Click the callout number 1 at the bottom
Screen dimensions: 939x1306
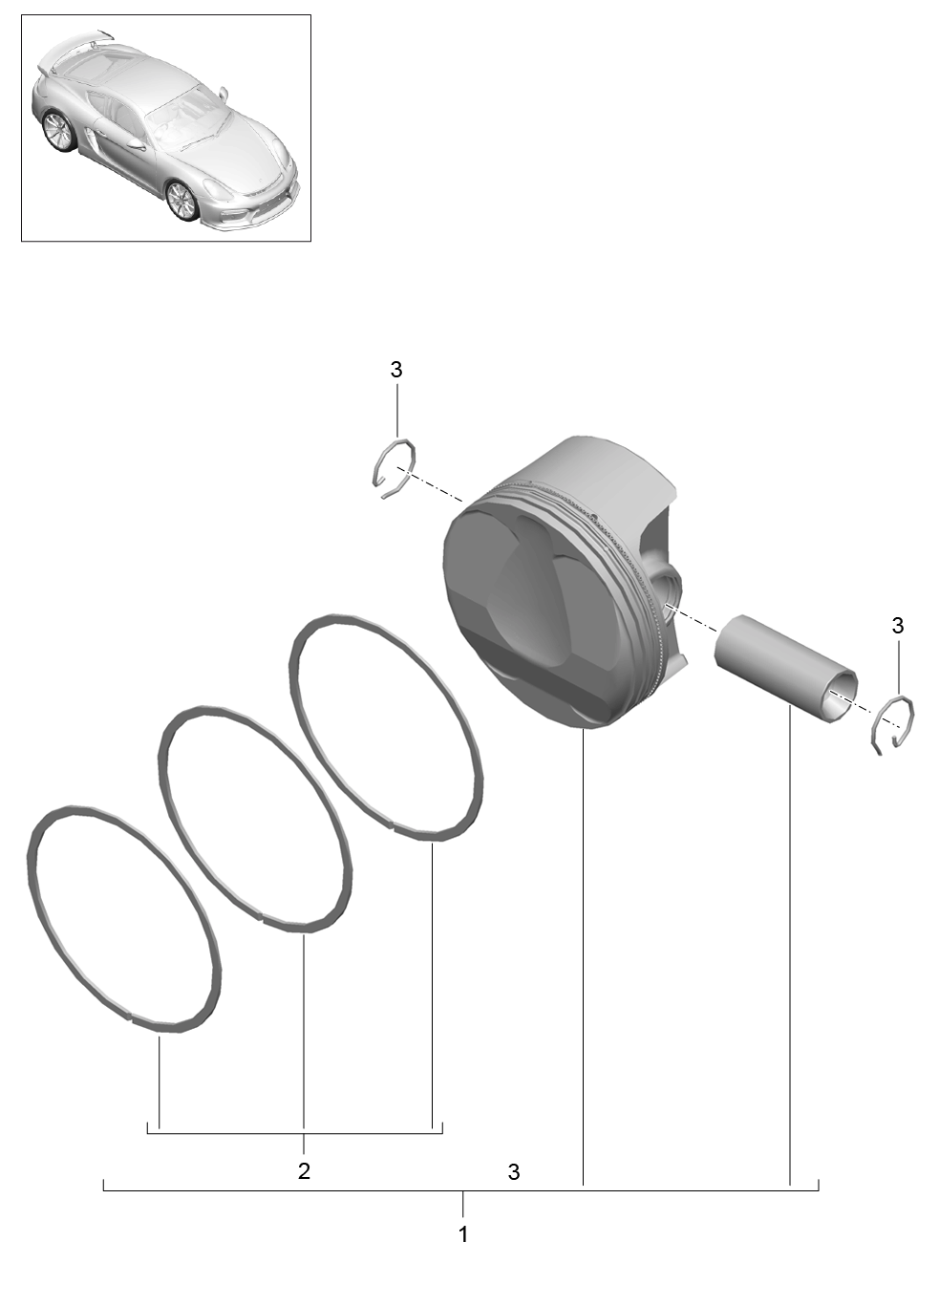point(462,1234)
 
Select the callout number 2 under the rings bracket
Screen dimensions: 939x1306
point(304,1170)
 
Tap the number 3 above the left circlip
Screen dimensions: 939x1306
point(396,370)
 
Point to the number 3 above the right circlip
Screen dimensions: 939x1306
point(898,626)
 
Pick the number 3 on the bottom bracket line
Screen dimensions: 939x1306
point(514,1172)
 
